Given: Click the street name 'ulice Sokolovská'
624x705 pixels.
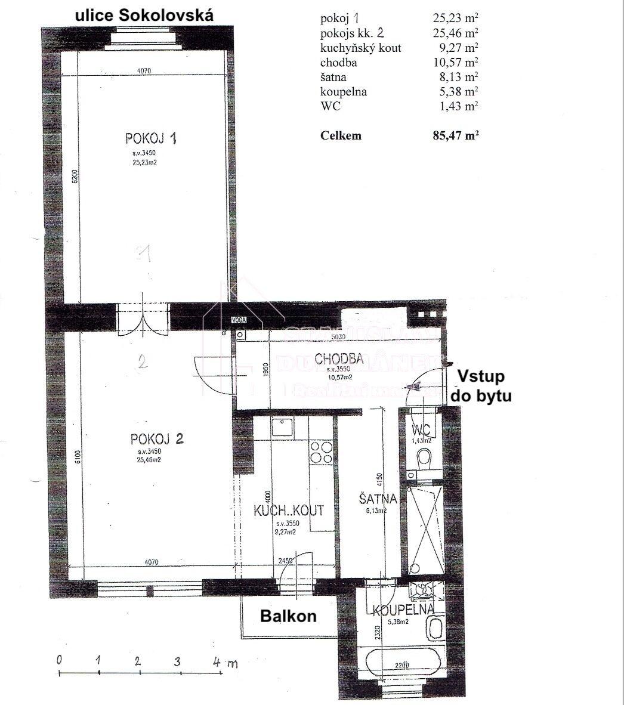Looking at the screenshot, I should tap(143, 16).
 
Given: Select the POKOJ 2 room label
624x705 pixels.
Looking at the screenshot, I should tap(157, 440).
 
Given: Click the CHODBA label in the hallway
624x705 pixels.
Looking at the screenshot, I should tap(339, 358).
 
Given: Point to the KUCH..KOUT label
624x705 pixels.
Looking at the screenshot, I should tap(289, 511).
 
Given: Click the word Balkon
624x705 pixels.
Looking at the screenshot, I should tap(288, 616).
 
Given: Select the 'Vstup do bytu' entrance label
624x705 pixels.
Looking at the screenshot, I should tap(484, 385).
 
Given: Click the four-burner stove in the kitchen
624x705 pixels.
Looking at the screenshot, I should tap(322, 452).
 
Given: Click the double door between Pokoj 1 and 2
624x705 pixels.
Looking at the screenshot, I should tap(143, 319).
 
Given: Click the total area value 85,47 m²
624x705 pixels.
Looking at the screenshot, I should tap(455, 135).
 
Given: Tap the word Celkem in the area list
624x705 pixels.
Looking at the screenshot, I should tap(341, 135).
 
